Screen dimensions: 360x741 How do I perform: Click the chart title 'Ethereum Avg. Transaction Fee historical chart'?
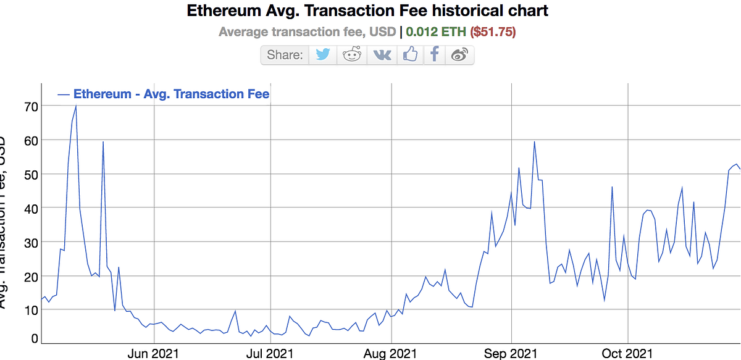click(x=367, y=11)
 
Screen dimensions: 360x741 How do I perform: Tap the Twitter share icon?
click(x=323, y=54)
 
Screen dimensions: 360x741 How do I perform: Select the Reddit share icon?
click(x=352, y=54)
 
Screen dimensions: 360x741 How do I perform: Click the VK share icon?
click(x=382, y=54)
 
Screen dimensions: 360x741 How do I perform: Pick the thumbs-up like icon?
click(x=410, y=54)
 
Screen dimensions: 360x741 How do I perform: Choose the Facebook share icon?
click(x=435, y=54)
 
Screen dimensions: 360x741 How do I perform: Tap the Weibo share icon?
click(x=459, y=54)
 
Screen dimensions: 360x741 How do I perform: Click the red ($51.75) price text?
click(x=493, y=31)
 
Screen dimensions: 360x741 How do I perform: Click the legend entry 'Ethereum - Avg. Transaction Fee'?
click(x=171, y=94)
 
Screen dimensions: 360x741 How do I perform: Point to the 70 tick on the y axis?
click(x=31, y=106)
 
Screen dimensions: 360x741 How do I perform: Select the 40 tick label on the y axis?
click(x=31, y=208)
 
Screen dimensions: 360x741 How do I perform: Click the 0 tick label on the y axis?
click(x=35, y=338)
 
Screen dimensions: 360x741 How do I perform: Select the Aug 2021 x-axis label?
click(x=390, y=353)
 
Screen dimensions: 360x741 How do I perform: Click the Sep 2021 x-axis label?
click(x=511, y=353)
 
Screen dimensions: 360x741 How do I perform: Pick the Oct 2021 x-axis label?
click(x=627, y=353)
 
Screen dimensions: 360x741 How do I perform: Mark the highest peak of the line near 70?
click(x=76, y=106)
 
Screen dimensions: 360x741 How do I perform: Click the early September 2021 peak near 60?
click(x=534, y=142)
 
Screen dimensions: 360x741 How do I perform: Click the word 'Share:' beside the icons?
click(x=285, y=55)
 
